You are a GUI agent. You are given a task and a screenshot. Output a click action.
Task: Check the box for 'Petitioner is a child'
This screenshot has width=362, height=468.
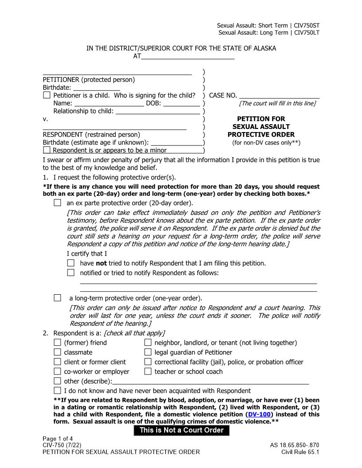(47, 95)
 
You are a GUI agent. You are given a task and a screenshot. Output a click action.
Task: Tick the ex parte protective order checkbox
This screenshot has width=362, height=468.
(57, 203)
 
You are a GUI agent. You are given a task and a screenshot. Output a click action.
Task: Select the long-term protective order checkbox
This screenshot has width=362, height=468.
(57, 298)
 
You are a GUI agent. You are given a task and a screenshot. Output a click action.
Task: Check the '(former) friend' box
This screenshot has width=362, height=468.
(57, 343)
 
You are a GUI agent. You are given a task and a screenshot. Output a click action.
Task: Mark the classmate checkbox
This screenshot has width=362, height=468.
(57, 352)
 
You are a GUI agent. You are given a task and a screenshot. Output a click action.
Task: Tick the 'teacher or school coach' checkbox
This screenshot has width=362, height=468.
(148, 371)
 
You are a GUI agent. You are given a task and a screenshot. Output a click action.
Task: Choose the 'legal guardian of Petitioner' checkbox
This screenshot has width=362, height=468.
(148, 352)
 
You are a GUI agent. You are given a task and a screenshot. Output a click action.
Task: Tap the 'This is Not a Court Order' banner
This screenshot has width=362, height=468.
(181, 430)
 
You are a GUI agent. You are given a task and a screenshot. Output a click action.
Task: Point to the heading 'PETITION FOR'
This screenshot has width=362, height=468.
(261, 119)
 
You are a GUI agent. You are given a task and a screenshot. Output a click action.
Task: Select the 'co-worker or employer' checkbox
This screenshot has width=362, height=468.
(57, 371)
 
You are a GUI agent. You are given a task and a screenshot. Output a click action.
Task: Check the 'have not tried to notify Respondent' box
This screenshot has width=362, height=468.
(71, 263)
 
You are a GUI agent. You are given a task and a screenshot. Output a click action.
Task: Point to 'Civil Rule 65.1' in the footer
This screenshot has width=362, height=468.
(300, 452)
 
